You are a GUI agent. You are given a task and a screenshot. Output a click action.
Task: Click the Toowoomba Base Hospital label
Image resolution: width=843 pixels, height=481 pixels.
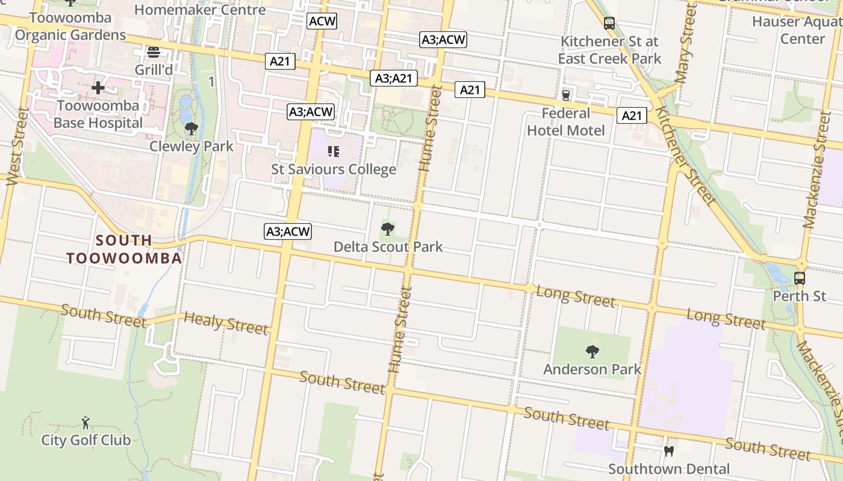(98, 114)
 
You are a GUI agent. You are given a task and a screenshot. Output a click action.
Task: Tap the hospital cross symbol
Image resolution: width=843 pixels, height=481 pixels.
(98, 88)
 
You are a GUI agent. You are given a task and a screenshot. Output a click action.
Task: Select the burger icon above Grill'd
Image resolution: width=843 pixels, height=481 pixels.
(153, 52)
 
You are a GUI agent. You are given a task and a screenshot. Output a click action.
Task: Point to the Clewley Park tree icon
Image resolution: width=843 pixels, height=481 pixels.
(191, 128)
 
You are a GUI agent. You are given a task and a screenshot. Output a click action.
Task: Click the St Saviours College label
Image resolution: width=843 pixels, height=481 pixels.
(334, 170)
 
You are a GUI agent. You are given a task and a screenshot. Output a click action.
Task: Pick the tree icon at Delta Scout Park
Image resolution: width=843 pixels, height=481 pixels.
(388, 228)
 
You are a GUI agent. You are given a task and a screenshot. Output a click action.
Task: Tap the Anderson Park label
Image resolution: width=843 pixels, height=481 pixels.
(592, 369)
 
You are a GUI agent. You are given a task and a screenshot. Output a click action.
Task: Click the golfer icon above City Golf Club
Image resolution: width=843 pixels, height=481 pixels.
(86, 422)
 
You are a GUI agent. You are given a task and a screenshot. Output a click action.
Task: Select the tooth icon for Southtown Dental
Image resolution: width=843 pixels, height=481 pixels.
(668, 451)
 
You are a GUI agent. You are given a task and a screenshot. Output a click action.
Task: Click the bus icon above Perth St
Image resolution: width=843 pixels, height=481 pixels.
(800, 278)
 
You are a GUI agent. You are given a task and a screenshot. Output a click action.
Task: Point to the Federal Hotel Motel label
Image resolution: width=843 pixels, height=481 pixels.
(566, 121)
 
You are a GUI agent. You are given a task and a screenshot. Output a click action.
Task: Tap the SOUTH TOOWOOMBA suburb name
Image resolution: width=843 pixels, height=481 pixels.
(124, 250)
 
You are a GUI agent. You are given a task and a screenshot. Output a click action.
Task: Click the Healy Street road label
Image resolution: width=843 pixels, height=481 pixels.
(226, 323)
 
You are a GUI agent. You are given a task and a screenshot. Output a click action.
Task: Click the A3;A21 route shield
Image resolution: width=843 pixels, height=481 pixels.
(394, 78)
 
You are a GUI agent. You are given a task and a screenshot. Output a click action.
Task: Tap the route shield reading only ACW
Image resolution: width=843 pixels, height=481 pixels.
(322, 21)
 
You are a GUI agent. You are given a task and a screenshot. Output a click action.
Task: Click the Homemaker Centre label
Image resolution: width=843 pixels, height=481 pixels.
(199, 10)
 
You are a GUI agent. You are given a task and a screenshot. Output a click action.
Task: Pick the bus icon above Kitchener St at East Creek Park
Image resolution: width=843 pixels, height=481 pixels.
(609, 24)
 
